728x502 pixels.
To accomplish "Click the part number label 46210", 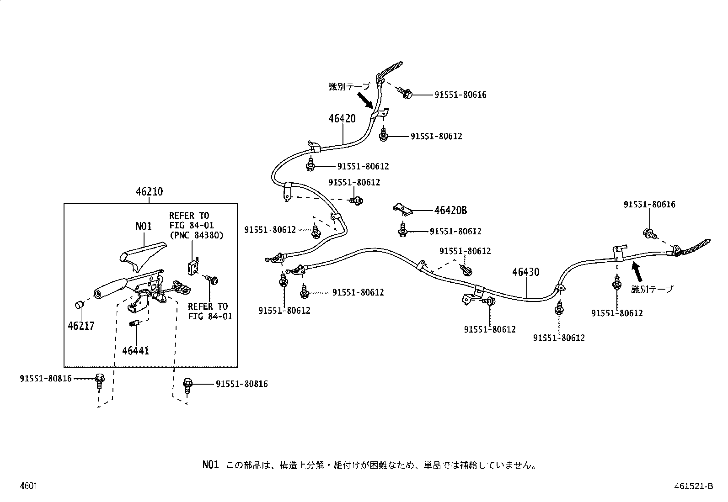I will (x=149, y=192).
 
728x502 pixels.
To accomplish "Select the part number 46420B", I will (x=450, y=211).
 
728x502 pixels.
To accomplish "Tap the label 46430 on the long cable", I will (x=525, y=272).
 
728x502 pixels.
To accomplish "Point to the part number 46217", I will (x=81, y=326).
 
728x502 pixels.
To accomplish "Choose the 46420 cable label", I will (x=342, y=119).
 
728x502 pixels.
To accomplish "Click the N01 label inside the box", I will (x=144, y=227).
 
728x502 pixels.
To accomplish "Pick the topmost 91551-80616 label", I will (x=460, y=95).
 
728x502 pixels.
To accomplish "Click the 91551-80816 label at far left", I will (x=46, y=378).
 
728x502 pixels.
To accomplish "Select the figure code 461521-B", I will (x=693, y=486).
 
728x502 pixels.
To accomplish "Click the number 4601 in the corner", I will (x=28, y=486).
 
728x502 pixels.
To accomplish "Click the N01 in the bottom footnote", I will (x=211, y=465).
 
